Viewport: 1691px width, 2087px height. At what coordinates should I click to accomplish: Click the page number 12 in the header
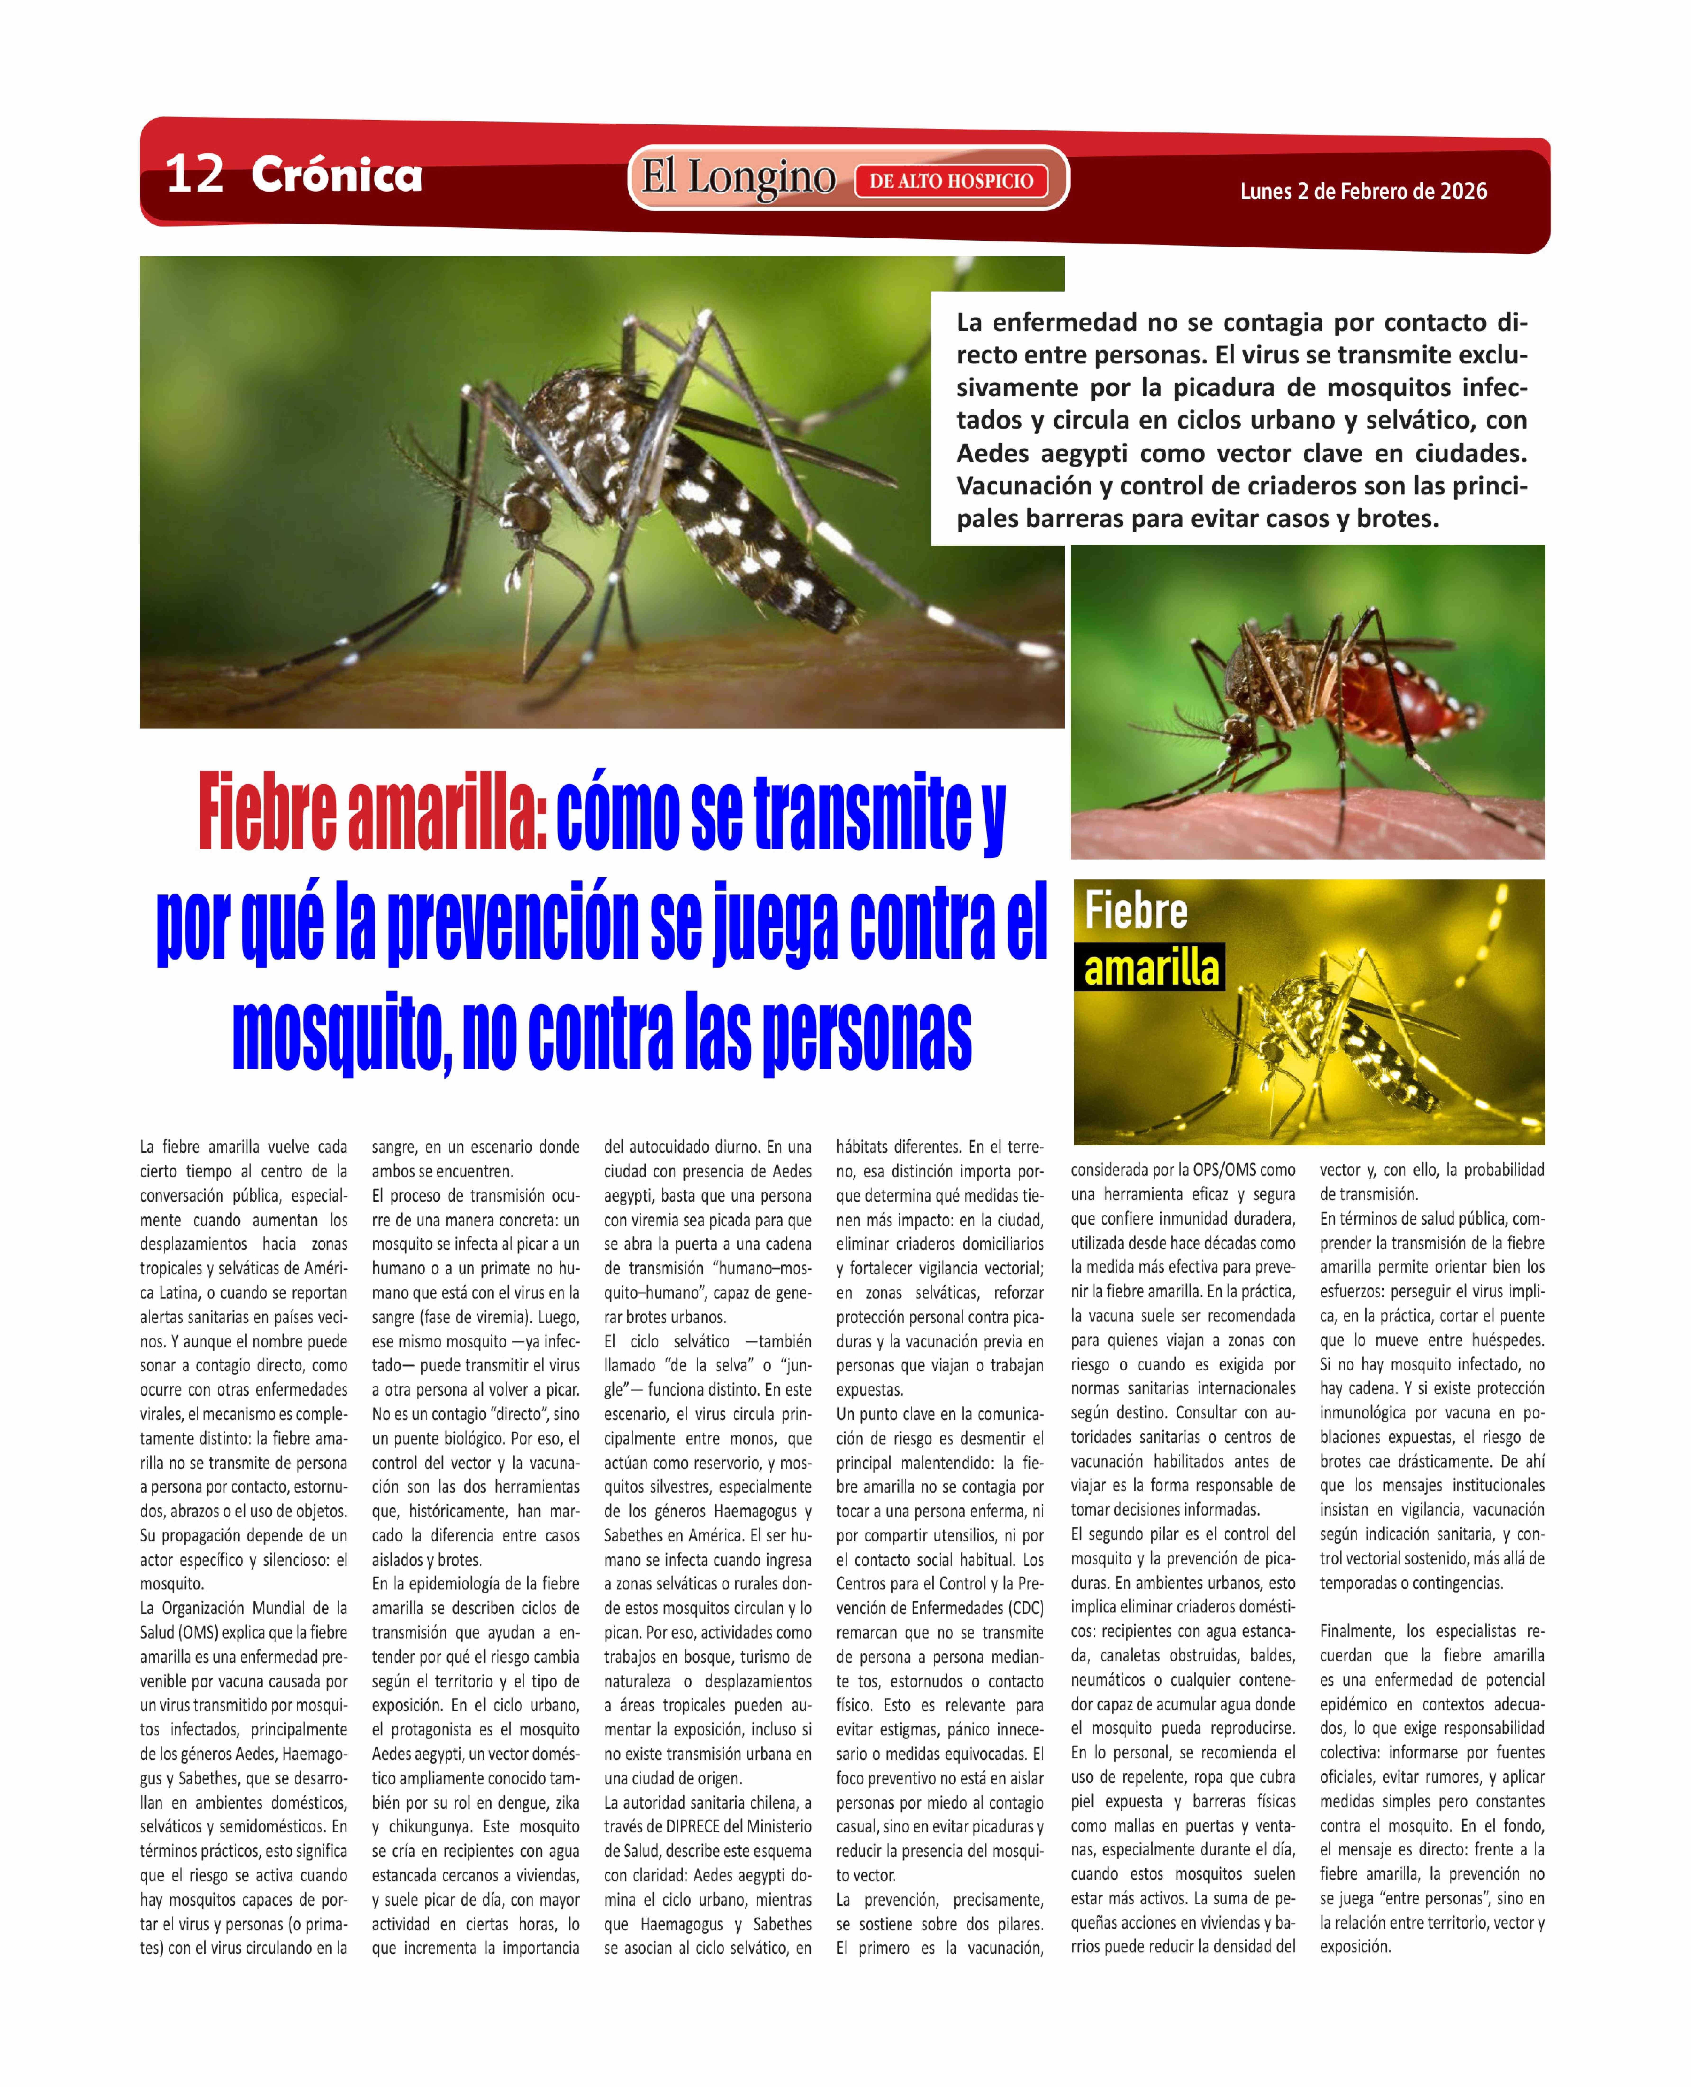tap(195, 175)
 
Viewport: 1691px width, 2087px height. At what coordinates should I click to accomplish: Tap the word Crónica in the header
tap(336, 175)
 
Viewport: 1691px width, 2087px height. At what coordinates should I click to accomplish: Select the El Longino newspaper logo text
tap(737, 178)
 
